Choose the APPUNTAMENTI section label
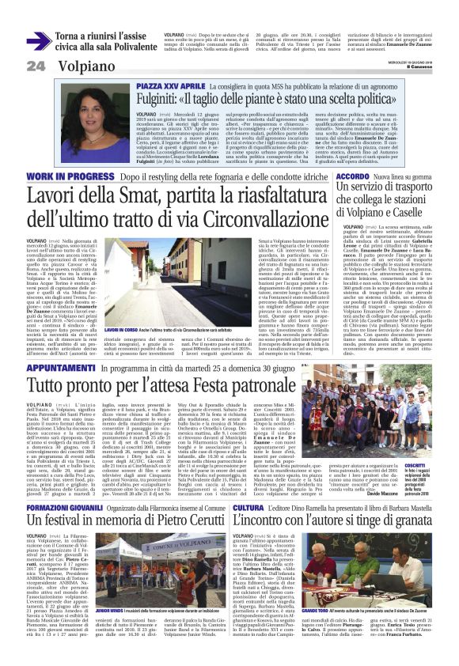pyautogui.click(x=40, y=367)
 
